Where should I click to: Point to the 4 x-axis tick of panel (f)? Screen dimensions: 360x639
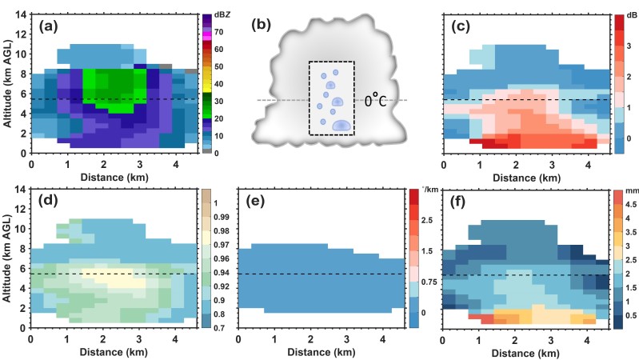pos(580,338)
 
